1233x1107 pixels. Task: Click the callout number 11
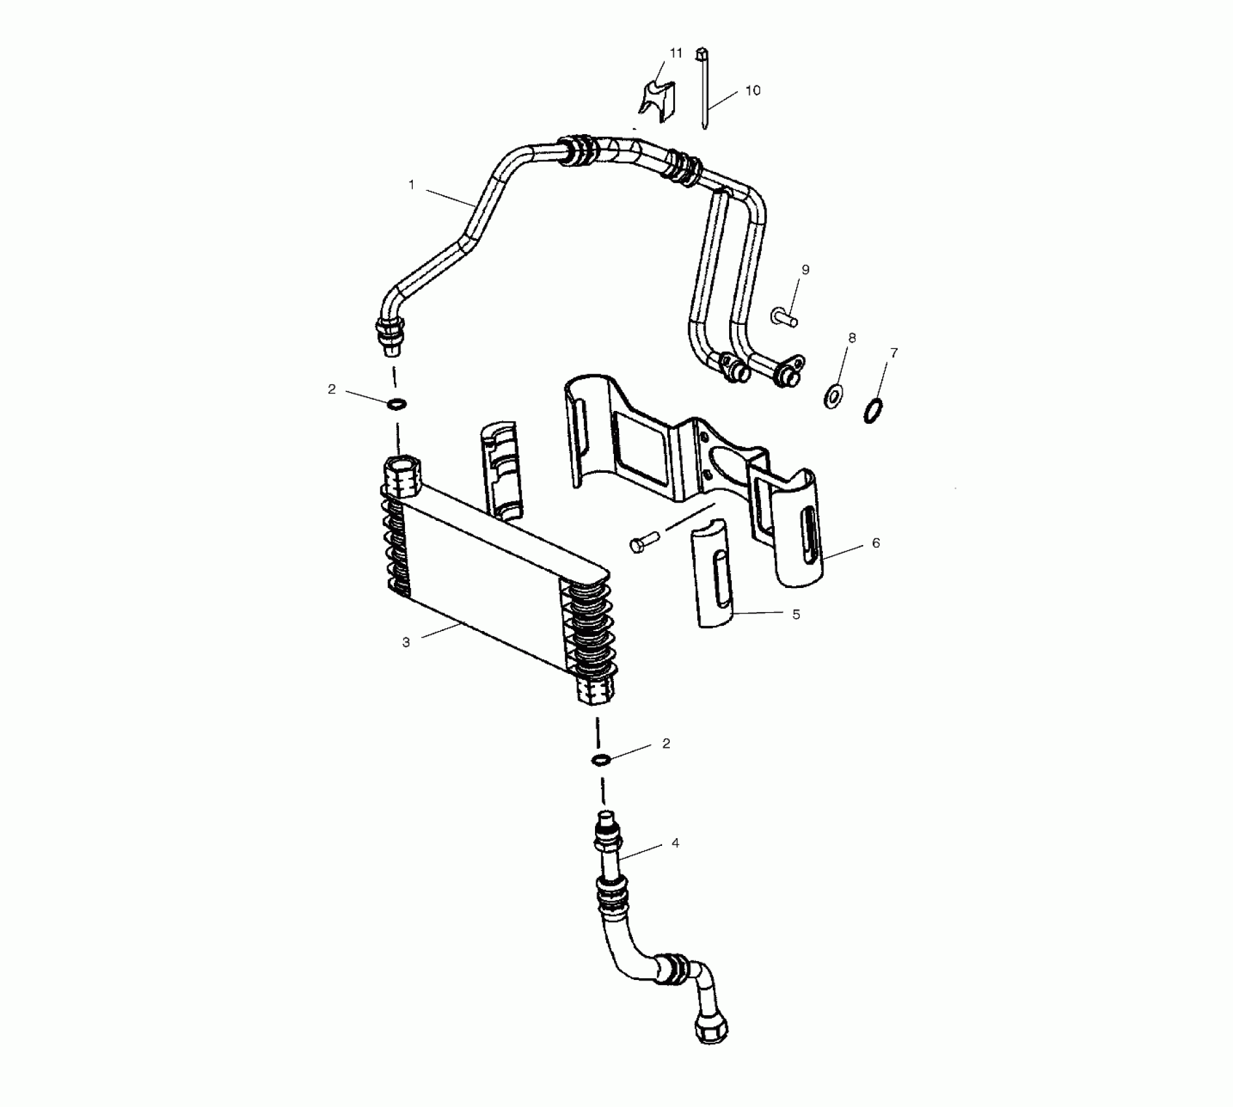[676, 53]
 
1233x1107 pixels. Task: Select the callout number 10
[753, 91]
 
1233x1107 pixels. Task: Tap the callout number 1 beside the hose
[411, 185]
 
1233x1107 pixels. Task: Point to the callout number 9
[805, 270]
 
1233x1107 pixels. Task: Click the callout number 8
[852, 338]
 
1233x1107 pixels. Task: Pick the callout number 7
[894, 353]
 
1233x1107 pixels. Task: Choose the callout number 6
[876, 543]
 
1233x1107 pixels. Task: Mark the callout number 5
[796, 615]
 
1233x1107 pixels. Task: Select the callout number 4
[675, 843]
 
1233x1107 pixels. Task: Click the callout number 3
[406, 643]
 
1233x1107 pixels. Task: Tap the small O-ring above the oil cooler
[396, 405]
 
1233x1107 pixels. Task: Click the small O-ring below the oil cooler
[601, 759]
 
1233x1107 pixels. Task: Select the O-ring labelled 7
[874, 412]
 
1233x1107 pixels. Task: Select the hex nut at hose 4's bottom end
[711, 1031]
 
